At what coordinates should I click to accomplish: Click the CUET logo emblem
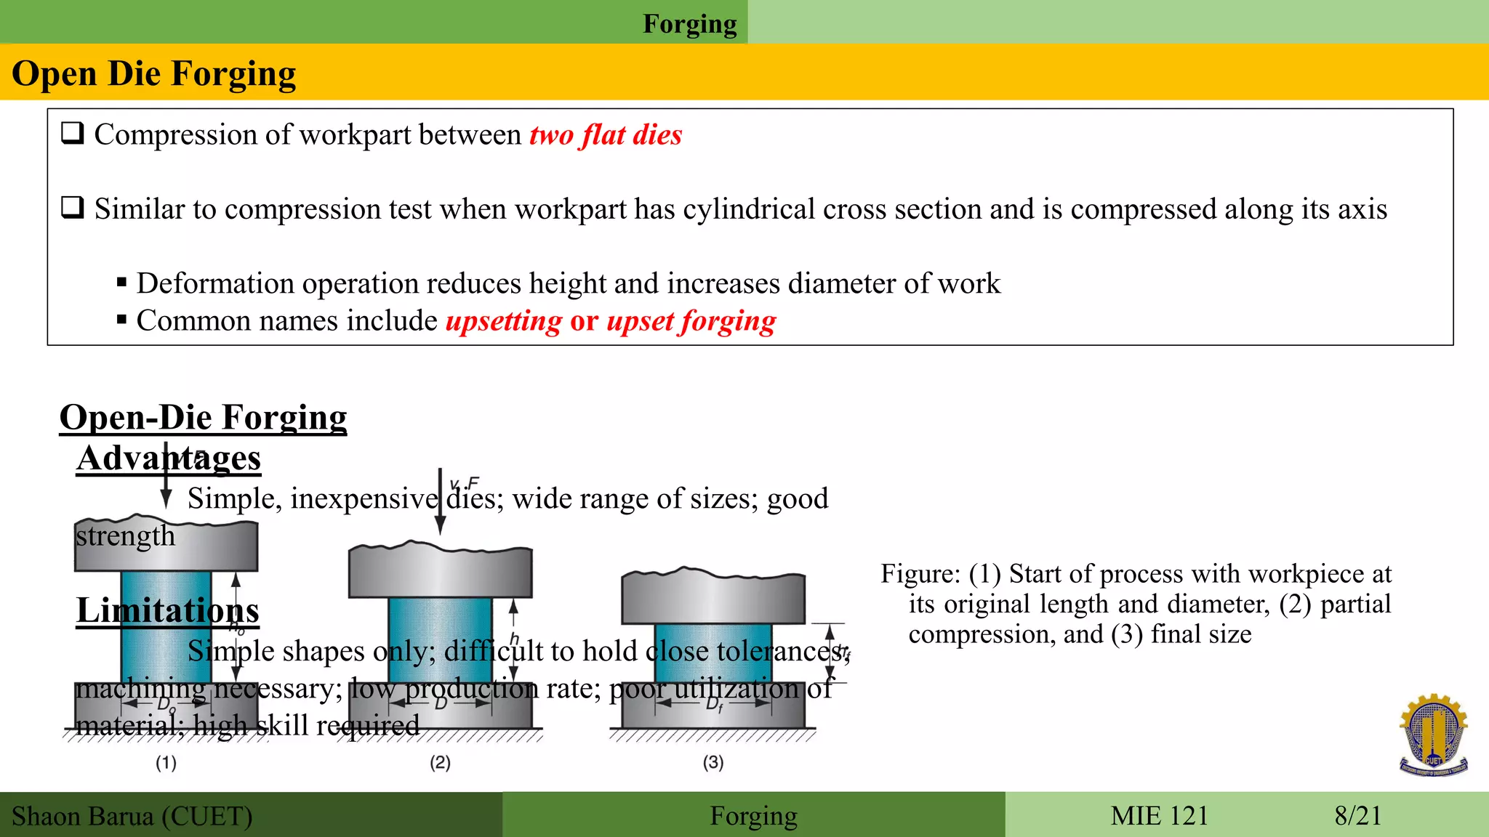pyautogui.click(x=1433, y=735)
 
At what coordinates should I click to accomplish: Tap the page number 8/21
pyautogui.click(x=1357, y=815)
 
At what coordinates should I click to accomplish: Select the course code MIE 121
pyautogui.click(x=1159, y=815)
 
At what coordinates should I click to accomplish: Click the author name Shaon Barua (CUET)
pyautogui.click(x=132, y=816)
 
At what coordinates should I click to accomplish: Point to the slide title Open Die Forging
pyautogui.click(x=154, y=73)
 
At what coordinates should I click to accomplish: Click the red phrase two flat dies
pyautogui.click(x=605, y=135)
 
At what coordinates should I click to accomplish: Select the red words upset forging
pyautogui.click(x=691, y=320)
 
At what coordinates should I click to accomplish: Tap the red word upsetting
pyautogui.click(x=503, y=320)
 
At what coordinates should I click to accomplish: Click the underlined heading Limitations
pyautogui.click(x=167, y=610)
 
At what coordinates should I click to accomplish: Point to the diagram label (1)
pyautogui.click(x=166, y=762)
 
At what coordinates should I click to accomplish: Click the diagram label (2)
pyautogui.click(x=440, y=762)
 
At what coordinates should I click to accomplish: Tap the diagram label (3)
pyautogui.click(x=713, y=762)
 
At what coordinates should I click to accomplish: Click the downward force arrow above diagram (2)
pyautogui.click(x=440, y=501)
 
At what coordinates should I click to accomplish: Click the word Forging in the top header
pyautogui.click(x=689, y=23)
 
